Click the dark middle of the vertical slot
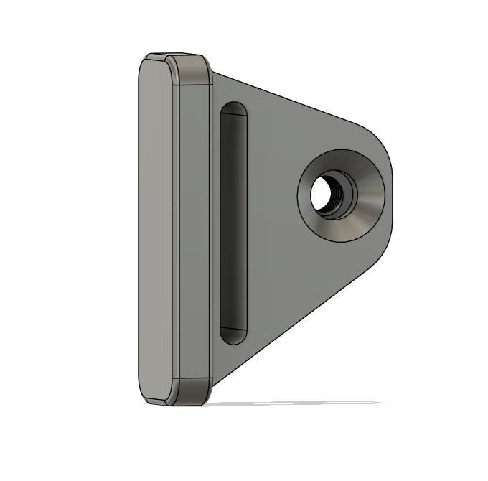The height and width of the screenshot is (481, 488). (x=233, y=223)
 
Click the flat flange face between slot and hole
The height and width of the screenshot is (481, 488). (x=273, y=215)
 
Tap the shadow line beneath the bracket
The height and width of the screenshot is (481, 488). (x=301, y=403)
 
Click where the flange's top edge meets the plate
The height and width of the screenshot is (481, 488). (x=213, y=73)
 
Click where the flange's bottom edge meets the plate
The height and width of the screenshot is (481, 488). (x=214, y=378)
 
